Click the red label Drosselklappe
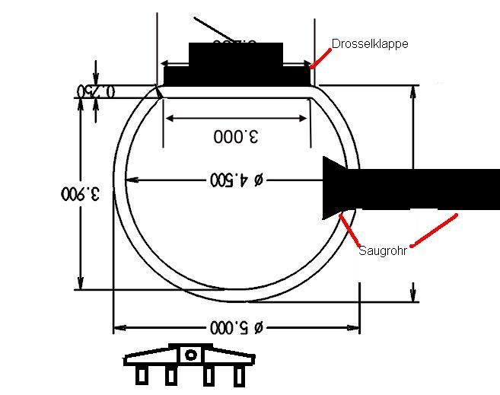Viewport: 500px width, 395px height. click(370, 44)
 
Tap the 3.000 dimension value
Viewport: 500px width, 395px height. click(236, 136)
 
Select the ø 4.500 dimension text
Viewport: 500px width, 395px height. click(236, 180)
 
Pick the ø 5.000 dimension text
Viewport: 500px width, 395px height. click(236, 327)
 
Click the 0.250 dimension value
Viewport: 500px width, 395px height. click(96, 91)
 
